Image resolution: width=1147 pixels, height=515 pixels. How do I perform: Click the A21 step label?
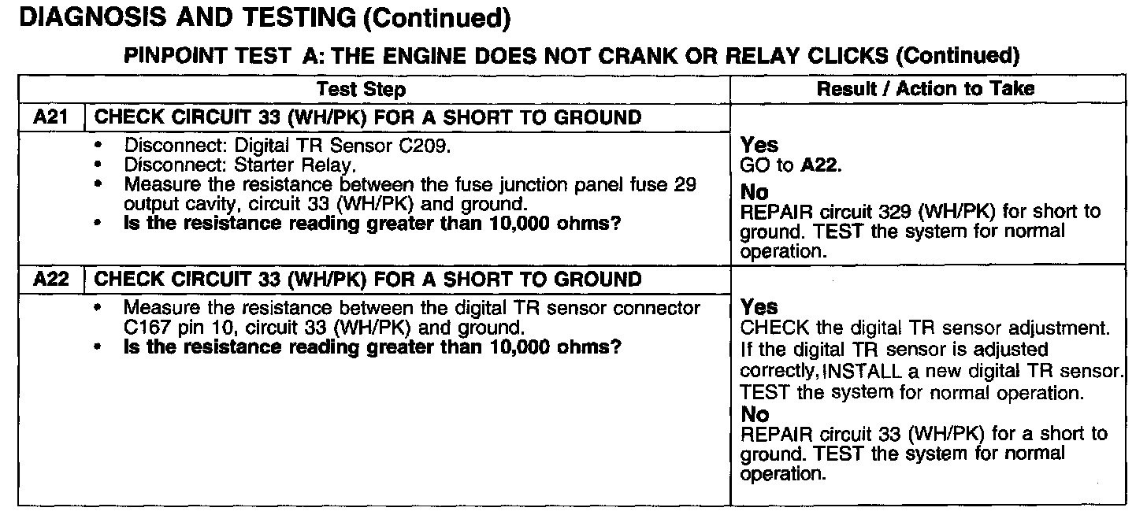[48, 118]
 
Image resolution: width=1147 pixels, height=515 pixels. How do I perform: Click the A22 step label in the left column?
[48, 280]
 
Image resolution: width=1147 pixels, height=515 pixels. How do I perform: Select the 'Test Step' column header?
[362, 89]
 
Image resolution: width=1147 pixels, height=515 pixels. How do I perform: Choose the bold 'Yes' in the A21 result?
[759, 145]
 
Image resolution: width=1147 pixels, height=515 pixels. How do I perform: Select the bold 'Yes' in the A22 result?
[759, 307]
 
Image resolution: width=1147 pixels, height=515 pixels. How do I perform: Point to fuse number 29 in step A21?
[687, 184]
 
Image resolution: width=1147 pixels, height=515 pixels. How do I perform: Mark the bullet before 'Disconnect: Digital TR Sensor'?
[98, 147]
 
